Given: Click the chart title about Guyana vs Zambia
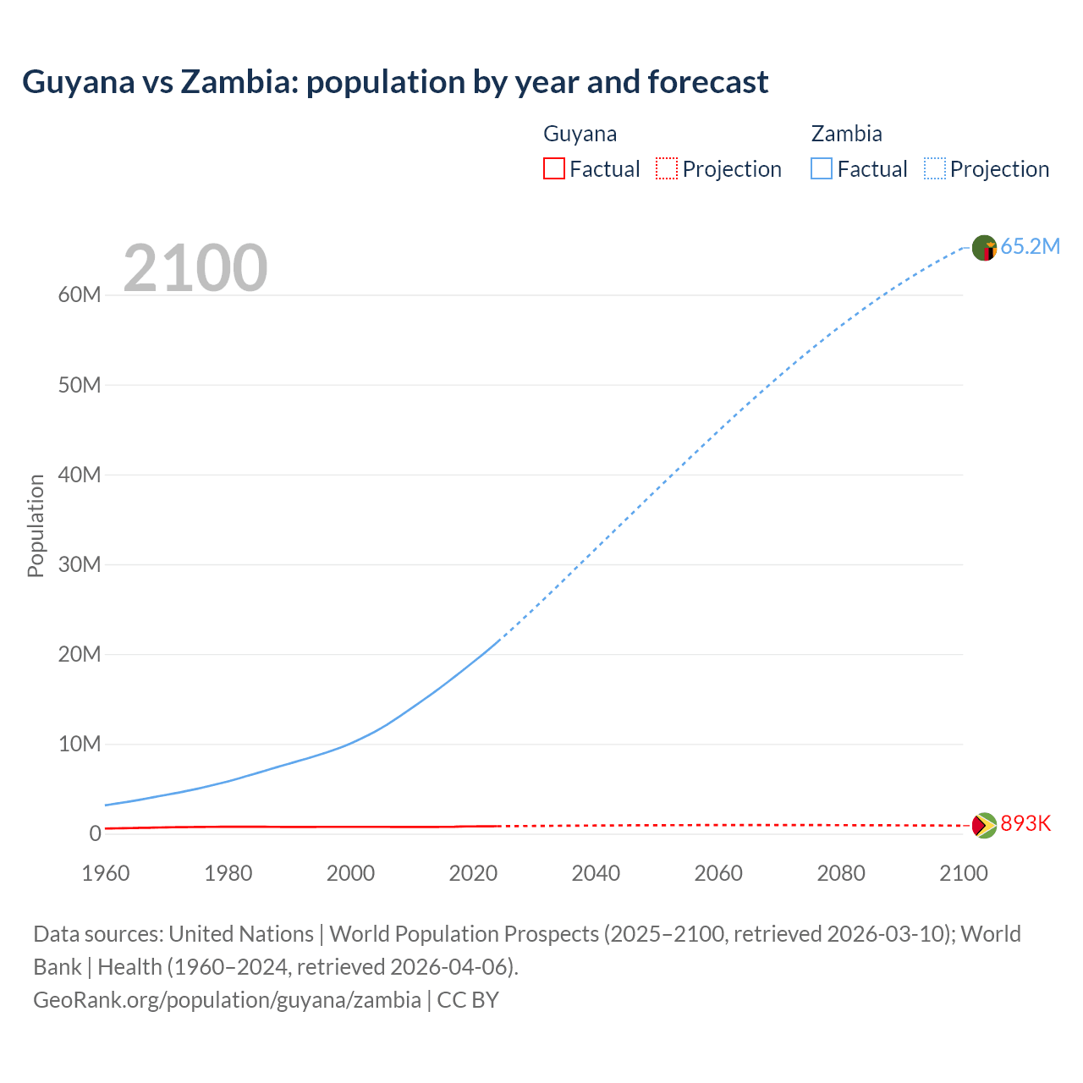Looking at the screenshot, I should [395, 82].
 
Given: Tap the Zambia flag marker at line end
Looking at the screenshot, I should [984, 248].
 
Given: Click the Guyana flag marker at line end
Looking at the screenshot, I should [984, 825].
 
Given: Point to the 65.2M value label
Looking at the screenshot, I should [1030, 247].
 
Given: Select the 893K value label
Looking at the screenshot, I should [1025, 824].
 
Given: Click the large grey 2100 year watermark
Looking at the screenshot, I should [195, 268].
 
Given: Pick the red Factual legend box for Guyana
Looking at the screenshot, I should [554, 169].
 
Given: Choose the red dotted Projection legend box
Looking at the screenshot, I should [667, 169].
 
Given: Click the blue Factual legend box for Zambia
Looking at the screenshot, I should [822, 169].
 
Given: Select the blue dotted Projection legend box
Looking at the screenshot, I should [935, 169].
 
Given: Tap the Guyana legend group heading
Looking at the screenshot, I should [580, 134].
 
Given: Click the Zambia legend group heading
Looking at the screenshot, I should [846, 134].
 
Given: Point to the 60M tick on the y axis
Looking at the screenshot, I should [80, 295].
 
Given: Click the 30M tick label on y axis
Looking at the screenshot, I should [80, 564].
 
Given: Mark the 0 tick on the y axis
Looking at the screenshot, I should [95, 833].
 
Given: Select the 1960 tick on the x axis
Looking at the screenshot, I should [106, 873].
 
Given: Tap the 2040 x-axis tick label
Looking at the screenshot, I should [596, 873].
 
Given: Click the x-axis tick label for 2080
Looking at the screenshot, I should [841, 873].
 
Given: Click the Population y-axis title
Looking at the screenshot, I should [36, 525].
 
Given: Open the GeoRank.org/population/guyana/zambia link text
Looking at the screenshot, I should [227, 1000].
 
